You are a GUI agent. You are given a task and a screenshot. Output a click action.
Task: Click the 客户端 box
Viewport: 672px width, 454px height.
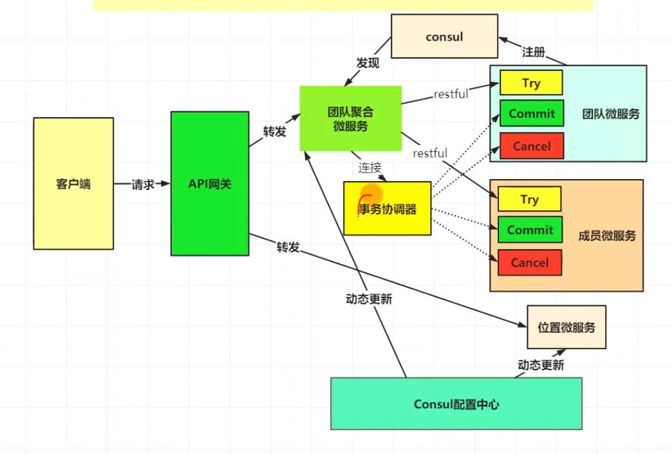pos(73,184)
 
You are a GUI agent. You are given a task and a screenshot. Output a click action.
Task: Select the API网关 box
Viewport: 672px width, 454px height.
pos(210,184)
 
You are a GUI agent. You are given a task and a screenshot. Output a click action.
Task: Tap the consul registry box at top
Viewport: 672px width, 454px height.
pos(444,37)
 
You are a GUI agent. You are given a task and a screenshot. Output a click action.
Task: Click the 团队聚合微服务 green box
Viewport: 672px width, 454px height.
pos(350,118)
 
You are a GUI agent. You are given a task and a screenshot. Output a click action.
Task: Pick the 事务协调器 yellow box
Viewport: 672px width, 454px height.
pos(387,209)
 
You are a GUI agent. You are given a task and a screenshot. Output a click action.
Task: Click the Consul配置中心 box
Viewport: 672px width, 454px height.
pos(456,404)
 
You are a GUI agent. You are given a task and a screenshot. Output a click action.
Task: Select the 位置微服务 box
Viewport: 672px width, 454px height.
pos(566,326)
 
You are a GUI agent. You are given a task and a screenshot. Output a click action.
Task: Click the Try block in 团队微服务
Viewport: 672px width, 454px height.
pos(531,83)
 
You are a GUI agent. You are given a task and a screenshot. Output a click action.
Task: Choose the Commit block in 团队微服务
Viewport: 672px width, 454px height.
pos(532,113)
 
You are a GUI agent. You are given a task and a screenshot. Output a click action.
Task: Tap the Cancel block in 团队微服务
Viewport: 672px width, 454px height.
pos(532,146)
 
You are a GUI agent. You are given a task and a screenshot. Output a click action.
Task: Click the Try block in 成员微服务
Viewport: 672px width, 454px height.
pos(529,199)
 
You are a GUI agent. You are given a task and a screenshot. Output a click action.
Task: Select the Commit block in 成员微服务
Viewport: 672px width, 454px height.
pos(530,230)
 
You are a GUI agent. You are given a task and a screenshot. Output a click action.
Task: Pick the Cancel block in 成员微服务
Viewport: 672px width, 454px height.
pos(529,262)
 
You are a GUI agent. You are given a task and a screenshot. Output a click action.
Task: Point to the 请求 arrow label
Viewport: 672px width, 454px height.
pos(143,184)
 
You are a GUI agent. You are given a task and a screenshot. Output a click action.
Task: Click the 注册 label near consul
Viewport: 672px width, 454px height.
pos(534,52)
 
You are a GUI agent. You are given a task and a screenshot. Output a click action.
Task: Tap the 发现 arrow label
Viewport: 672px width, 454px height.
pos(368,62)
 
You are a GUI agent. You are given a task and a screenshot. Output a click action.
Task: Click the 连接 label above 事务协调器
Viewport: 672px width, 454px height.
pos(370,167)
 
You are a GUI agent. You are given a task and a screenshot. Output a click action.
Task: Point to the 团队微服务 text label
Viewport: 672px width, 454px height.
pos(611,114)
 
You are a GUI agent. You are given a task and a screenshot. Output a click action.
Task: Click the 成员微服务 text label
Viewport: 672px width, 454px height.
pos(607,236)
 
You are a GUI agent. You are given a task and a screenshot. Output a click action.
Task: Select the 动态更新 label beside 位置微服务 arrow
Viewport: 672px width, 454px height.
pos(541,365)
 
